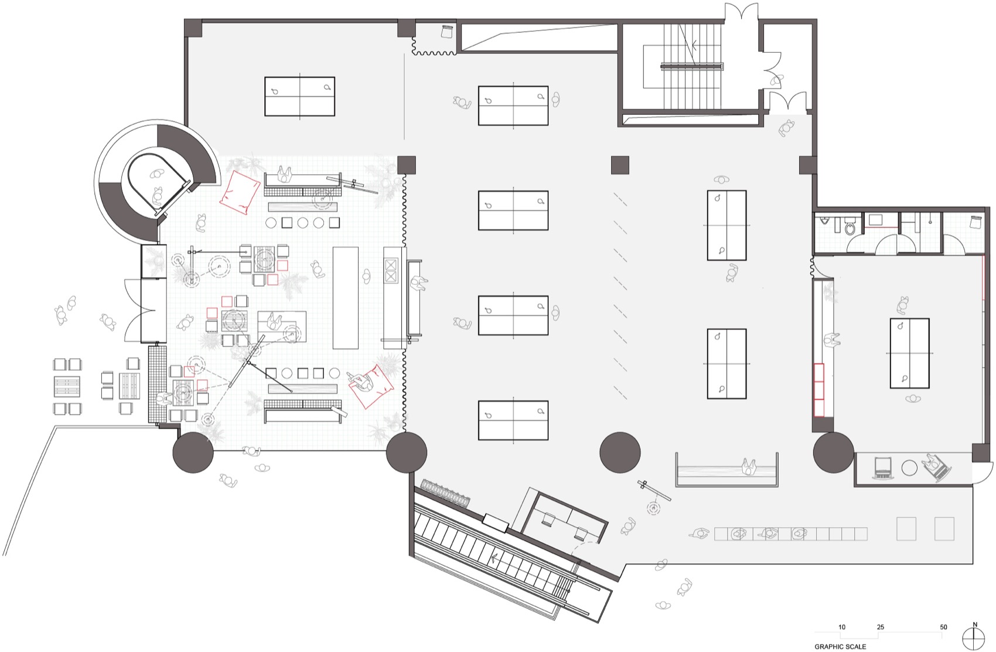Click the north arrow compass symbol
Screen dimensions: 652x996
[x=974, y=637]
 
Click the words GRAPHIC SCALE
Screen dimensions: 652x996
[x=840, y=647]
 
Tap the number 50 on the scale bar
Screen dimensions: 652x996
[x=943, y=627]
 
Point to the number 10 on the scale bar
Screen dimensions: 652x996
[x=842, y=627]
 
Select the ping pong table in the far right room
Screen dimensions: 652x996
[x=910, y=353]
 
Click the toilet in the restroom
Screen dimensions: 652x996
[x=851, y=228]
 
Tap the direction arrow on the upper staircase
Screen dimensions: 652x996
[x=694, y=44]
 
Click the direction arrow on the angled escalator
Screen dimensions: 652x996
[x=496, y=558]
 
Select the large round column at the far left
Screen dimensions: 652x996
[x=193, y=453]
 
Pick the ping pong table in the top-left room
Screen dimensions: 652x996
[x=299, y=96]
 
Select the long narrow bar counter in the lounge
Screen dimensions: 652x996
[x=345, y=297]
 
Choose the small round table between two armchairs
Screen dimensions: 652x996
[x=909, y=467]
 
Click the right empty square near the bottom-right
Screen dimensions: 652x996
[x=944, y=528]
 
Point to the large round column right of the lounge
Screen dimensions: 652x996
[x=407, y=453]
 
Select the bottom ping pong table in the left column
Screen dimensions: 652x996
[x=513, y=420]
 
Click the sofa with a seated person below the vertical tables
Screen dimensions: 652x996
[x=726, y=469]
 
